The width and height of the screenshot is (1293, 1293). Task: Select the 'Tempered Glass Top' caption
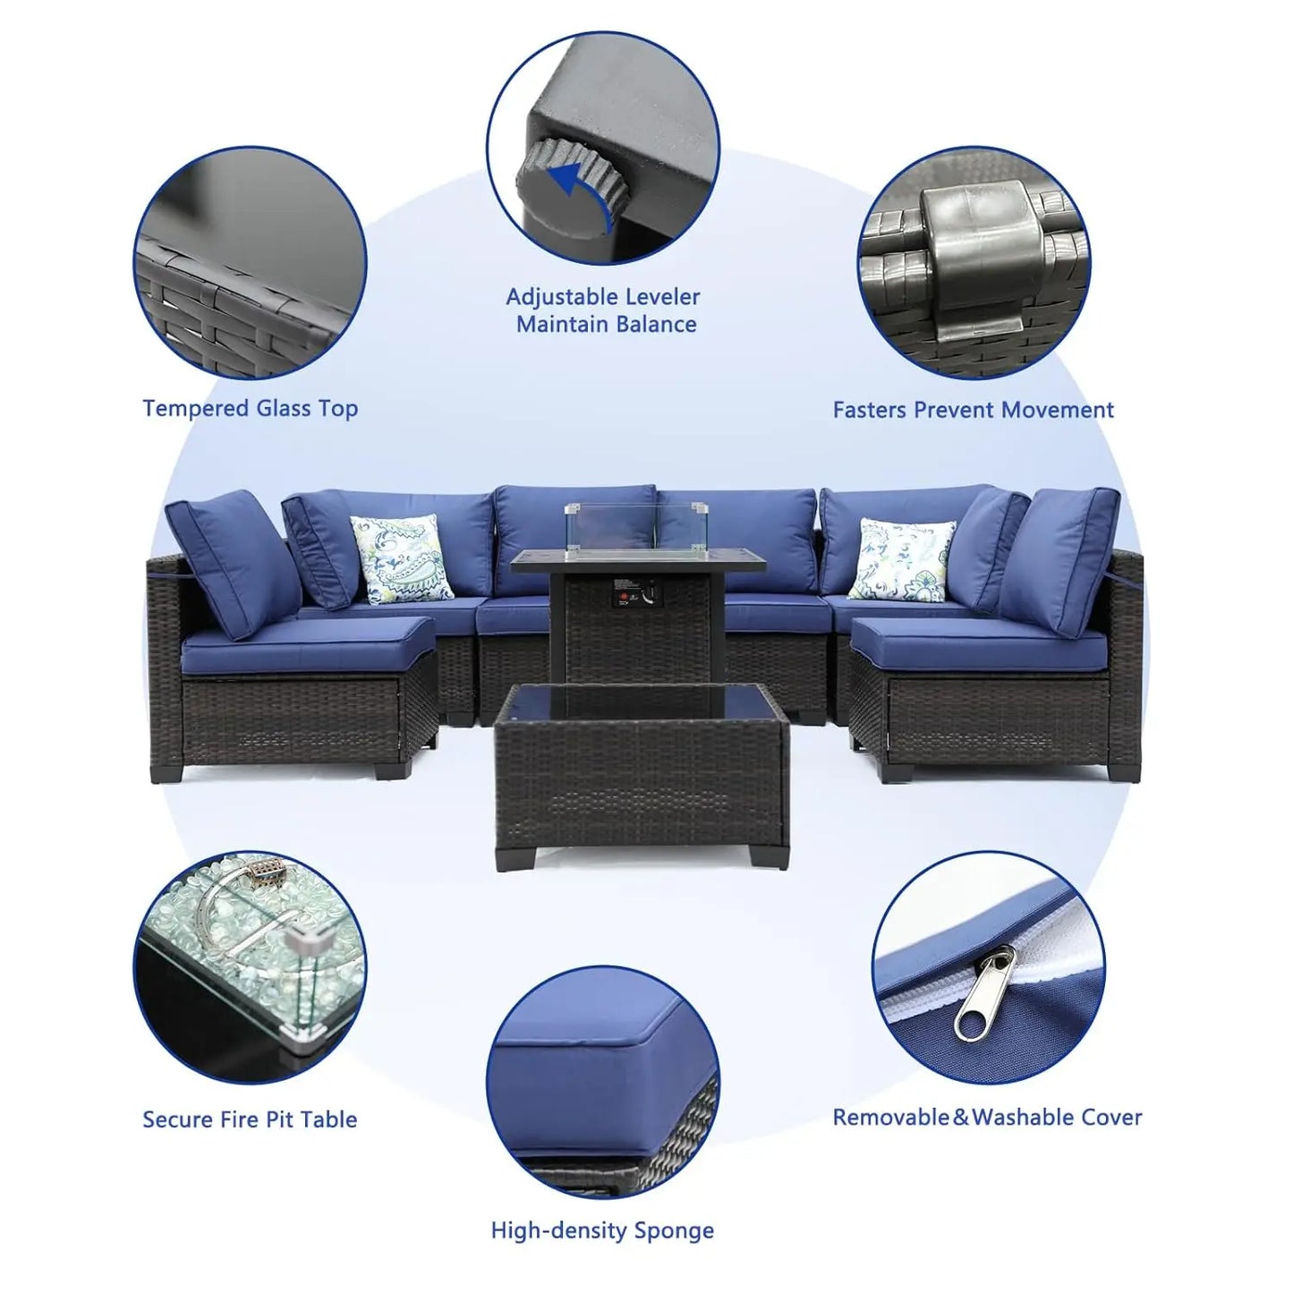pos(251,409)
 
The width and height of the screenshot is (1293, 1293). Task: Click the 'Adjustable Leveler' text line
pos(603,296)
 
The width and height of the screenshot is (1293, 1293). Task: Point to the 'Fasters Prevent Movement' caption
pos(973,409)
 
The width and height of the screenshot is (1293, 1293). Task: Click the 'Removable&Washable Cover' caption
pos(987,1118)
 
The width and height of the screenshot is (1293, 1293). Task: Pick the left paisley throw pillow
pos(403,559)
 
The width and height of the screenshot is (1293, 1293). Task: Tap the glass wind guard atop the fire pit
pos(611,526)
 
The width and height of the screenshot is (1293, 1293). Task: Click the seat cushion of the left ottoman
pos(309,644)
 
